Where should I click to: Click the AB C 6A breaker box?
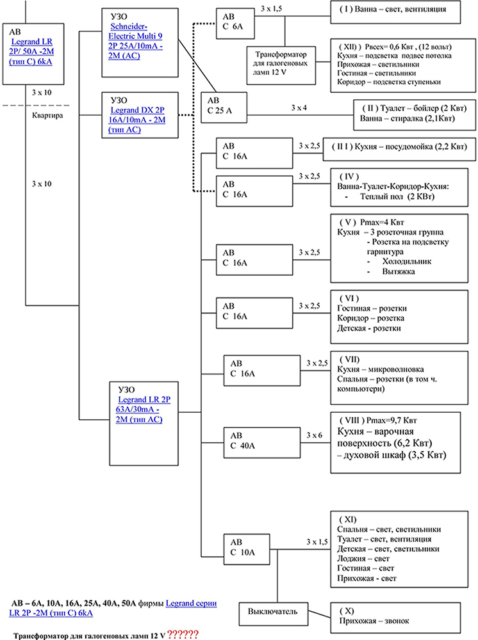pyautogui.click(x=235, y=24)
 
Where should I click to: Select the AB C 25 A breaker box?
pyautogui.click(x=224, y=108)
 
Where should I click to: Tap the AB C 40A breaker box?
pyautogui.click(x=262, y=442)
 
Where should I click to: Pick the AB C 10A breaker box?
pyautogui.click(x=246, y=549)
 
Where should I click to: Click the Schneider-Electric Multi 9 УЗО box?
pyautogui.click(x=140, y=42)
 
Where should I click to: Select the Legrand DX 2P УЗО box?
pyautogui.click(x=140, y=115)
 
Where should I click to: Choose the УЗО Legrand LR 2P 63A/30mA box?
pyautogui.click(x=144, y=424)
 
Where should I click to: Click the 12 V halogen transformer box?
pyautogui.click(x=281, y=65)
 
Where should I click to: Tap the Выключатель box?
pyautogui.click(x=274, y=614)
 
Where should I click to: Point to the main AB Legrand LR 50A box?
pyautogui.click(x=33, y=54)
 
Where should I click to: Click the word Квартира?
pyautogui.click(x=47, y=115)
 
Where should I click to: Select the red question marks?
pyautogui.click(x=183, y=634)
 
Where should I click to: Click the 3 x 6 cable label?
pyautogui.click(x=314, y=435)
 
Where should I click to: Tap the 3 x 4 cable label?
pyautogui.click(x=299, y=108)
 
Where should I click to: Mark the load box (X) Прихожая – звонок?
pyautogui.click(x=395, y=618)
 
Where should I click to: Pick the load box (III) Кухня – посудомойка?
pyautogui.click(x=400, y=149)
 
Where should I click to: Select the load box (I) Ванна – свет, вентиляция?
pyautogui.click(x=395, y=12)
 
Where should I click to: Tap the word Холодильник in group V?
pyautogui.click(x=407, y=262)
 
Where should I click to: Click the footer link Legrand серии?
pyautogui.click(x=191, y=604)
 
